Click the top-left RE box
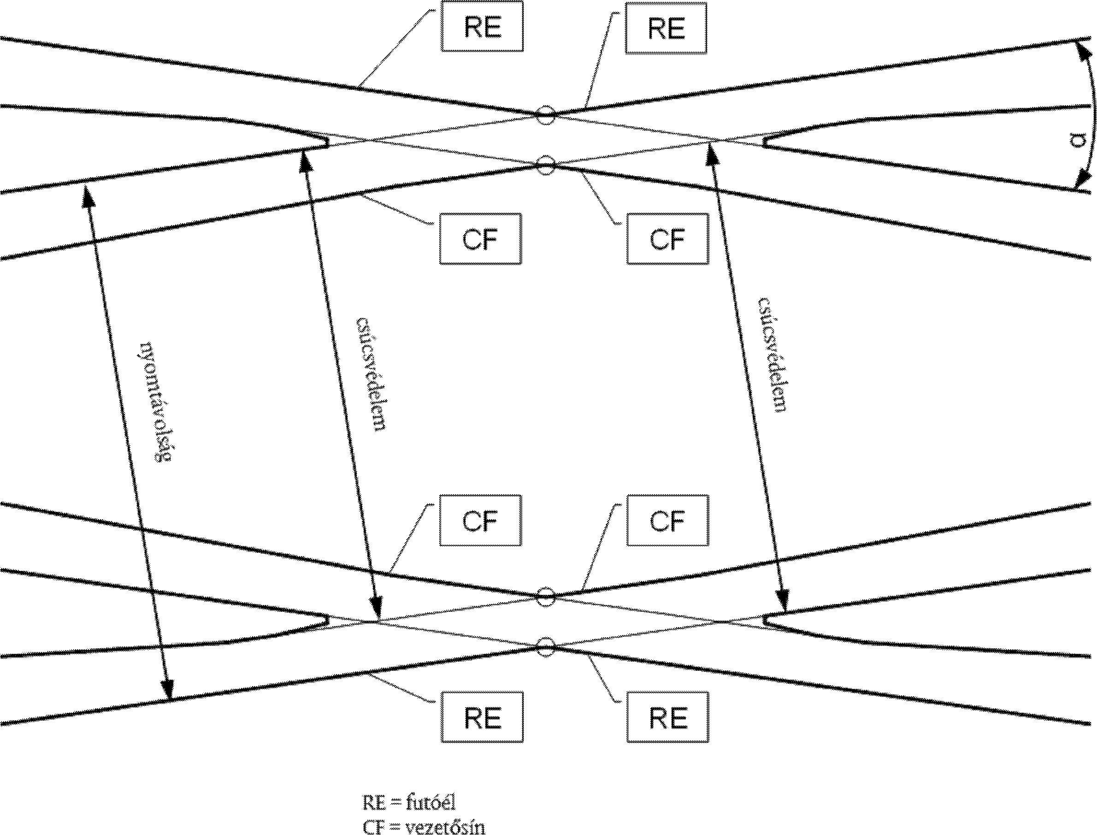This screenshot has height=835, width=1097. [x=482, y=27]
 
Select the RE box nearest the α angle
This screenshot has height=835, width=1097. [x=666, y=28]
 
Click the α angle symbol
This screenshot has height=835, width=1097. [x=1077, y=141]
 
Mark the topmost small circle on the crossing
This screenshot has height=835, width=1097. [x=546, y=115]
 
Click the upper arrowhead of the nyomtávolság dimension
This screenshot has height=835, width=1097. [x=88, y=194]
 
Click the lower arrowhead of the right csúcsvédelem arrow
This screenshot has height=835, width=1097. [x=784, y=602]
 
